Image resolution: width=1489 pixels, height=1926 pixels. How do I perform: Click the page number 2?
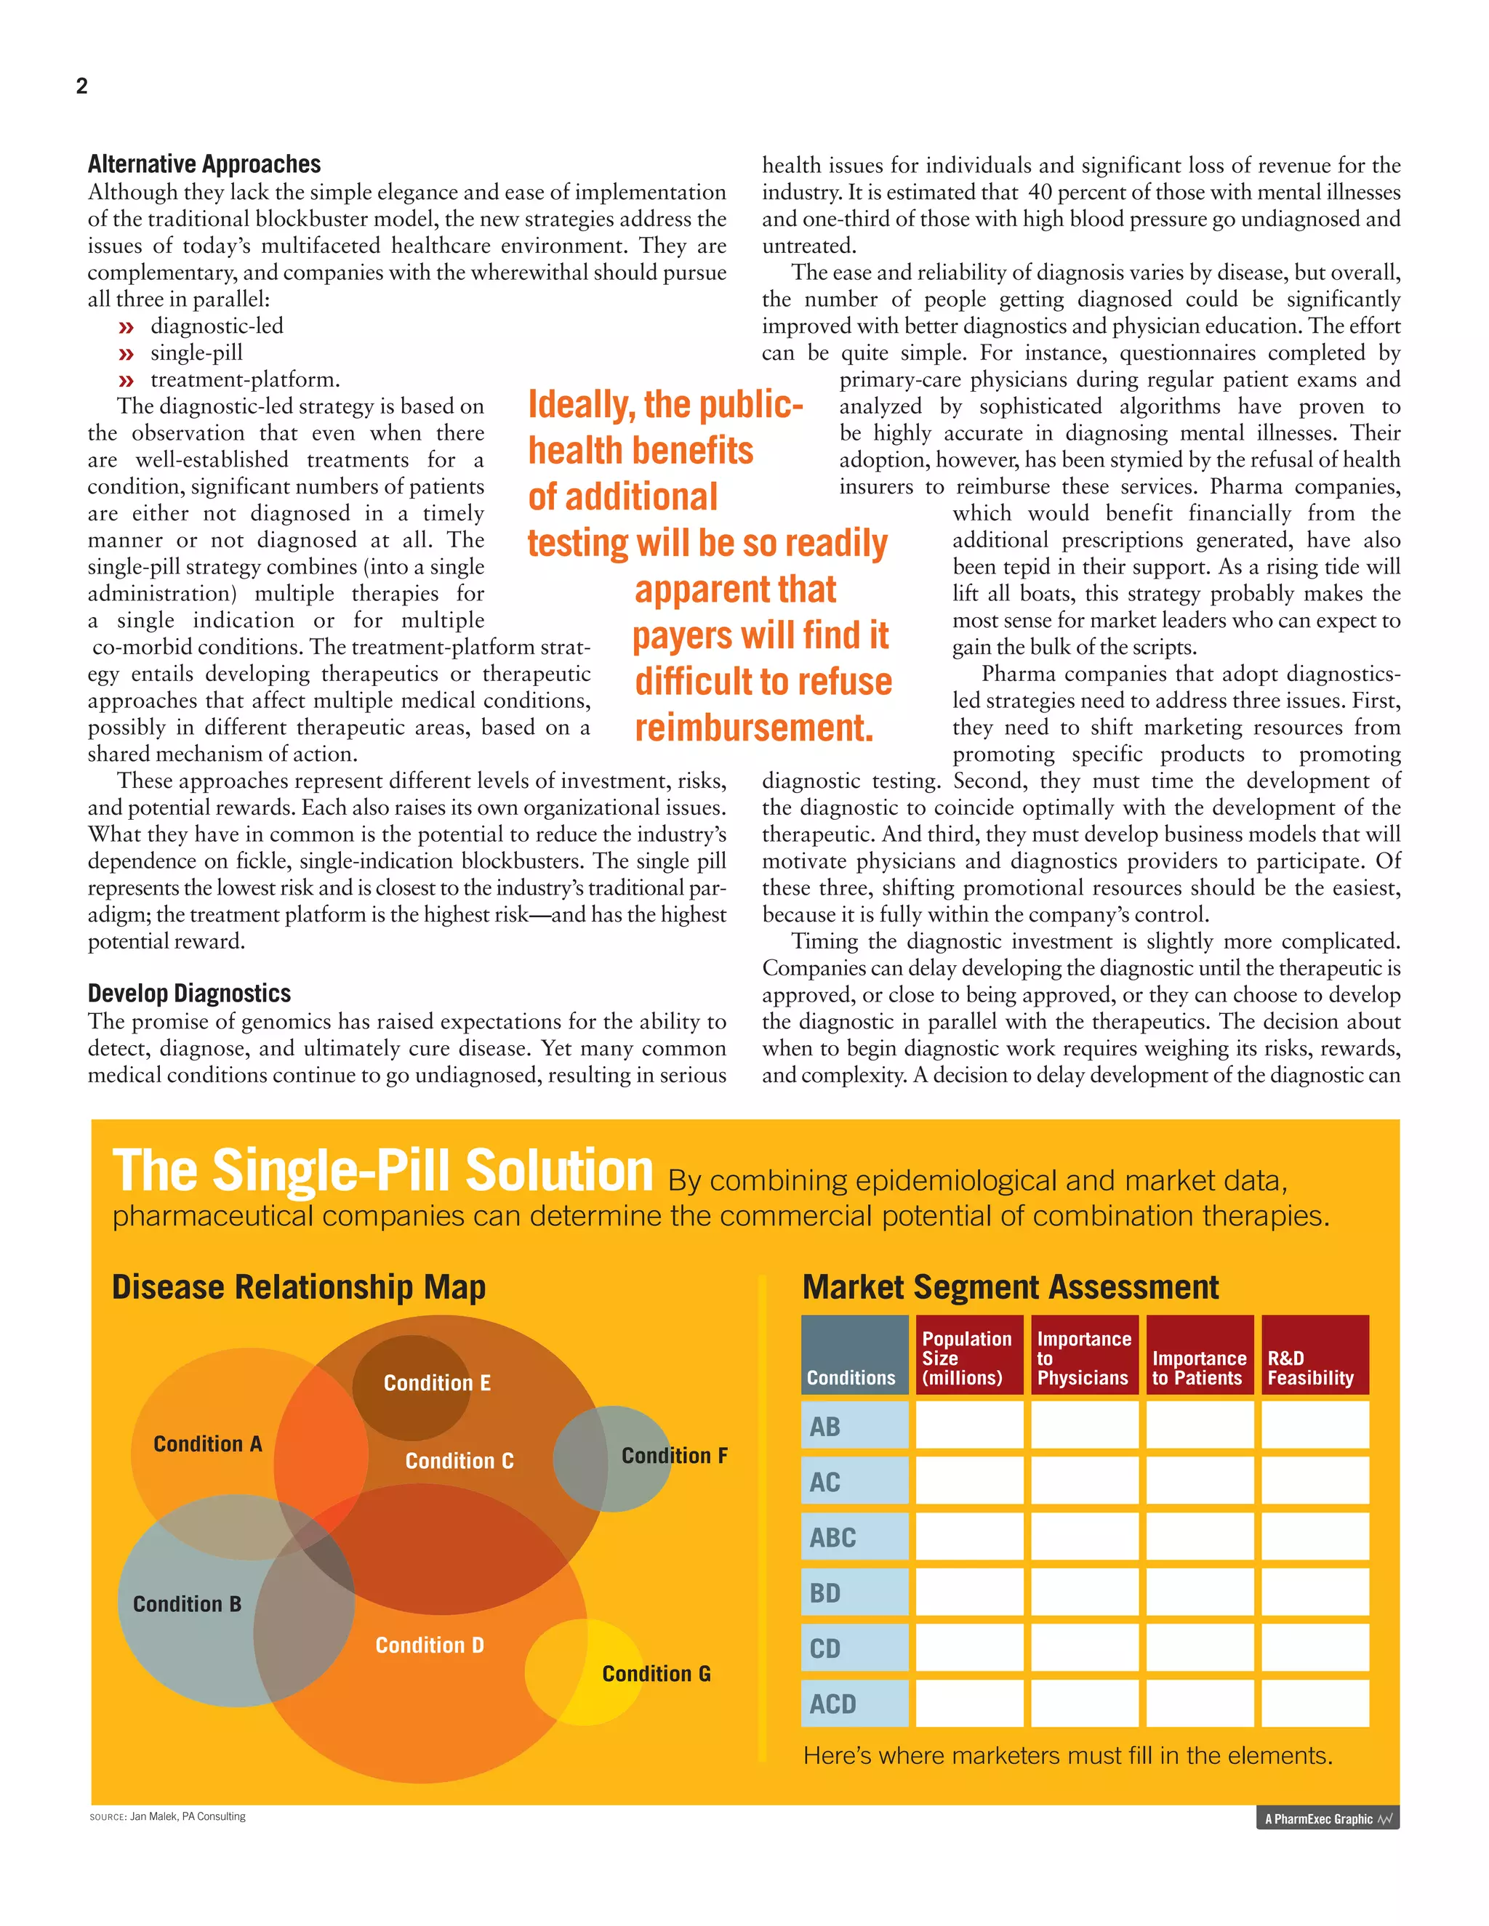point(82,86)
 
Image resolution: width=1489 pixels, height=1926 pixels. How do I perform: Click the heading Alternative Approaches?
point(204,164)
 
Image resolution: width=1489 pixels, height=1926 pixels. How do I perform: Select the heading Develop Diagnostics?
point(189,993)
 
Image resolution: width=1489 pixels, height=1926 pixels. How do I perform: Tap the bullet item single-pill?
point(196,352)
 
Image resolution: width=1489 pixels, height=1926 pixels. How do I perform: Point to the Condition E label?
point(437,1383)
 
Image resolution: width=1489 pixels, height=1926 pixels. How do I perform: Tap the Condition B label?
point(187,1603)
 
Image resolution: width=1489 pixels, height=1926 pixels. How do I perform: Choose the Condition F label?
point(674,1455)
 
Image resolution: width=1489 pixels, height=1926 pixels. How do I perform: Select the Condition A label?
point(207,1443)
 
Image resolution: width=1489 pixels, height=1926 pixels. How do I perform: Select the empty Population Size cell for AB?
point(968,1425)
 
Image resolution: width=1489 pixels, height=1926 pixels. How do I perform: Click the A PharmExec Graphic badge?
point(1327,1818)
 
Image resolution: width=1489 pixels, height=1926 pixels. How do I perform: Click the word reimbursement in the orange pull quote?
point(753,728)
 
